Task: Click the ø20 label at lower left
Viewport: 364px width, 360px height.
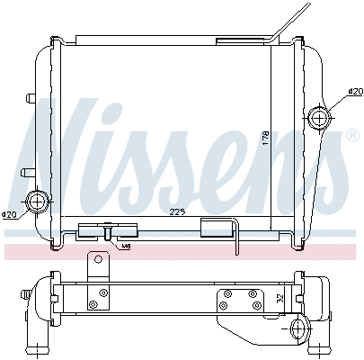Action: [10, 214]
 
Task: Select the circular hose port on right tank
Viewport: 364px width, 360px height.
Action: [319, 118]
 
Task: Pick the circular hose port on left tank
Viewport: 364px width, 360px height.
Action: [38, 201]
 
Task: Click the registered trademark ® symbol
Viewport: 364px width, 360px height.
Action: [351, 136]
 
